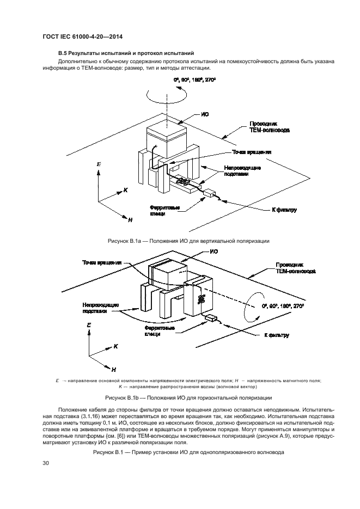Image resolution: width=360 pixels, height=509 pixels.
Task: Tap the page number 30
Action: click(x=45, y=463)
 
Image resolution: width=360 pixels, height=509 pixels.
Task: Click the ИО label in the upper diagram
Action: click(x=205, y=114)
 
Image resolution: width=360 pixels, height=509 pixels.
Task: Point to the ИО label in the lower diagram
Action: click(x=214, y=252)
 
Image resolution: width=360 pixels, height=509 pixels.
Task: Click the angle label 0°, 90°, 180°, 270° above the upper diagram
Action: click(x=195, y=80)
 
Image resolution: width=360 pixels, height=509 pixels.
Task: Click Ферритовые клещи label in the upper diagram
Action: click(x=163, y=210)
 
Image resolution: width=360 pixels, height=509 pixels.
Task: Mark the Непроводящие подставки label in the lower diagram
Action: click(x=101, y=308)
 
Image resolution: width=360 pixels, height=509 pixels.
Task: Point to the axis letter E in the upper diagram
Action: click(x=98, y=164)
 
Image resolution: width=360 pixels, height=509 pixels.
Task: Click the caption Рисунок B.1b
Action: click(x=181, y=398)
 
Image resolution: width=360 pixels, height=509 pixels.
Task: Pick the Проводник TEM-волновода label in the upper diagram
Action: click(x=269, y=127)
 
